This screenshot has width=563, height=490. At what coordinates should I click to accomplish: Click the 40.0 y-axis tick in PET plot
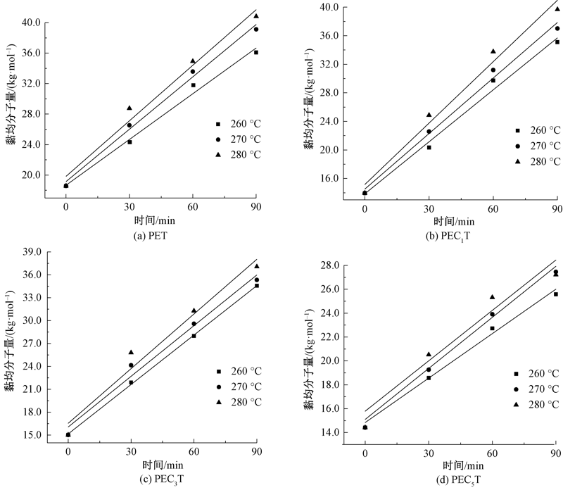[30, 23]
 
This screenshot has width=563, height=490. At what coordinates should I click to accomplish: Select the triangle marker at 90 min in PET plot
[256, 15]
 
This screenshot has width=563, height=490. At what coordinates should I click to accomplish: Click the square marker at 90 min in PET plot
[256, 52]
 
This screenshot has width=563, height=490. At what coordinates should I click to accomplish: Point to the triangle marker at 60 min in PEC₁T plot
[493, 51]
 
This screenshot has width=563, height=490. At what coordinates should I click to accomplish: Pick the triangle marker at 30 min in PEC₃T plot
[131, 352]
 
